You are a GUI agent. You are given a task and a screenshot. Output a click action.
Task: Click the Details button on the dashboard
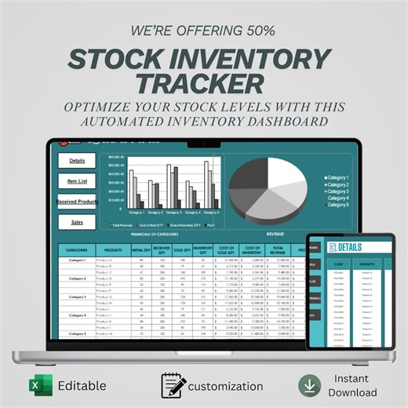pos(77,160)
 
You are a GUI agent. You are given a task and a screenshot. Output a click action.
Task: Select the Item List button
pos(77,180)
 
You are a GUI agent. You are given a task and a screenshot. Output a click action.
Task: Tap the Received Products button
pos(77,202)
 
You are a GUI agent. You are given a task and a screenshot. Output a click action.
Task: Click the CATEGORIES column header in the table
pos(77,250)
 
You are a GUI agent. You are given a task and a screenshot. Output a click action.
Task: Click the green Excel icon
pos(35,385)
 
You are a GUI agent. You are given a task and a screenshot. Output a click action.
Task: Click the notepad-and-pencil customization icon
pos(173,385)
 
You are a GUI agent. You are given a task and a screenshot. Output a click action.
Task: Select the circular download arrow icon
pos(309,385)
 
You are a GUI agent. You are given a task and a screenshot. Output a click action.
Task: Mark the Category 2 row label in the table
pos(77,279)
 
